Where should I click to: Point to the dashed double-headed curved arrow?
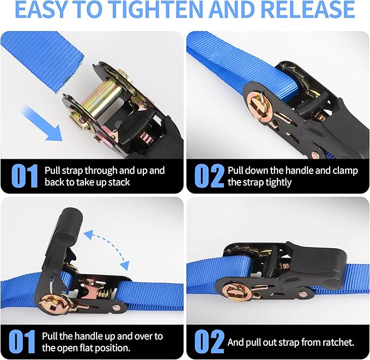109,245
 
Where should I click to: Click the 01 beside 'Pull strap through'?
25,176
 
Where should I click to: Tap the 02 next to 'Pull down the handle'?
209,176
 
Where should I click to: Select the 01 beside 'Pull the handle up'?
22,342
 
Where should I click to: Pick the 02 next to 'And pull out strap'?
209,342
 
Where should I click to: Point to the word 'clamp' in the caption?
345,171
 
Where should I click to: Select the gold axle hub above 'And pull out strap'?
236,293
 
